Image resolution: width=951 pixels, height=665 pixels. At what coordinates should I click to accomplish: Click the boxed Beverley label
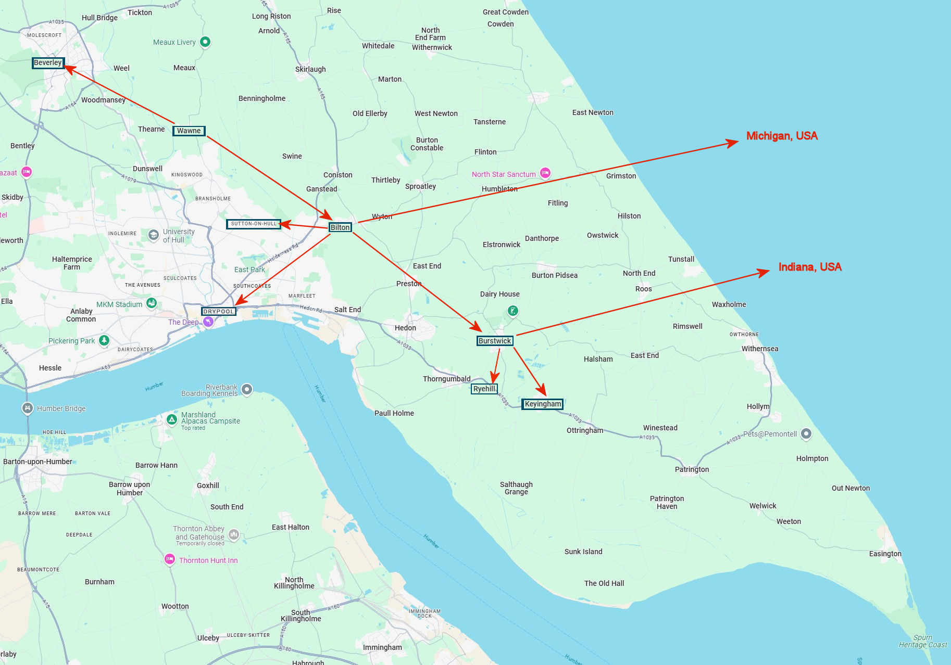48,63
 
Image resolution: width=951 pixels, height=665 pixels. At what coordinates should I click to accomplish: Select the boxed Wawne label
189,131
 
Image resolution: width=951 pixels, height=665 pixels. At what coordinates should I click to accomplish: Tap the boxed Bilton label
340,227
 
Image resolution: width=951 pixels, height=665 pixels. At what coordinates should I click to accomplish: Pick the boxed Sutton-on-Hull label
254,224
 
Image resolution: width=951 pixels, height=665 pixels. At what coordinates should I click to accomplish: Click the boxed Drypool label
219,311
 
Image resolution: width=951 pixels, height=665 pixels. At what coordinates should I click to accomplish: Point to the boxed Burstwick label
495,341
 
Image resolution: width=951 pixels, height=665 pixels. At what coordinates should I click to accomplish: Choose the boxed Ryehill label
484,389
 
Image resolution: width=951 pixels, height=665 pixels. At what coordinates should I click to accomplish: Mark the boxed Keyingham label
543,404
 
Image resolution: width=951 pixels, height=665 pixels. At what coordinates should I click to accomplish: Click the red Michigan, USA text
782,136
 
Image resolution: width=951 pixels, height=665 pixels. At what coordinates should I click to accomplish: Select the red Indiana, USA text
810,267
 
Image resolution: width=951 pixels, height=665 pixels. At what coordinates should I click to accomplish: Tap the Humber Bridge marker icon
28,408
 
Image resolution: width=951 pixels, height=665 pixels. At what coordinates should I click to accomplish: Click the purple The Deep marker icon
208,322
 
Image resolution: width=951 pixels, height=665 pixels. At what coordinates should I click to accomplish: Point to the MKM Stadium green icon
152,303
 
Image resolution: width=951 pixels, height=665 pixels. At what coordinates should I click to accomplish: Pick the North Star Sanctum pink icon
545,173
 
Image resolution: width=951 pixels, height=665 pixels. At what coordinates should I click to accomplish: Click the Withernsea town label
760,349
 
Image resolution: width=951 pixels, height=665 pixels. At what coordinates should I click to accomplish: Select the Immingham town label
382,647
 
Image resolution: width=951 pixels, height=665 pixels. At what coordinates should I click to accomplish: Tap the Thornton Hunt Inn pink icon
169,559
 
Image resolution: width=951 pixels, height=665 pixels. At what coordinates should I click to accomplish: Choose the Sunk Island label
583,552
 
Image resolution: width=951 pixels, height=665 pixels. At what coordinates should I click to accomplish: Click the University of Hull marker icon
153,235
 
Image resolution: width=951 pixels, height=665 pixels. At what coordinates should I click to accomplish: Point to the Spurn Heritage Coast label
923,641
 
